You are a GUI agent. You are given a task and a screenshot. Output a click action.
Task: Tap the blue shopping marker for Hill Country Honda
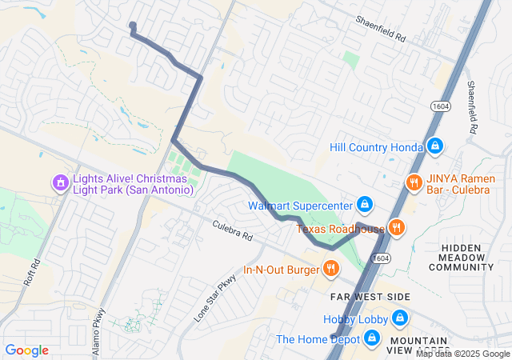pos(434,146)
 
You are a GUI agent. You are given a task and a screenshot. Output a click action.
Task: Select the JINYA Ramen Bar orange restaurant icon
pos(414,182)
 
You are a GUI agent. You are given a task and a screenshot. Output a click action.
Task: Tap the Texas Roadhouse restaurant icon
pos(397,228)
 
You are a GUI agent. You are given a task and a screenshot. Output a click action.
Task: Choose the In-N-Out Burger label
pos(281,268)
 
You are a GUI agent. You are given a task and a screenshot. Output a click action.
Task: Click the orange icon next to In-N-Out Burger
pos(330,267)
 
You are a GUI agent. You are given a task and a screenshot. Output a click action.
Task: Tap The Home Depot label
pos(317,339)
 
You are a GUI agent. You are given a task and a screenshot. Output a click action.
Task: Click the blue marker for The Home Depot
pos(370,339)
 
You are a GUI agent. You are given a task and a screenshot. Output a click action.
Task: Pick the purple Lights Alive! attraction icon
pos(59,184)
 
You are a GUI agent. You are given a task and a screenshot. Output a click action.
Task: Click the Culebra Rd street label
pos(232,231)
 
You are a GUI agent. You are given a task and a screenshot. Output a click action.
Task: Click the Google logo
pos(26,350)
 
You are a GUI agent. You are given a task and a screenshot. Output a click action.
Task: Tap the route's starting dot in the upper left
pos(132,26)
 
